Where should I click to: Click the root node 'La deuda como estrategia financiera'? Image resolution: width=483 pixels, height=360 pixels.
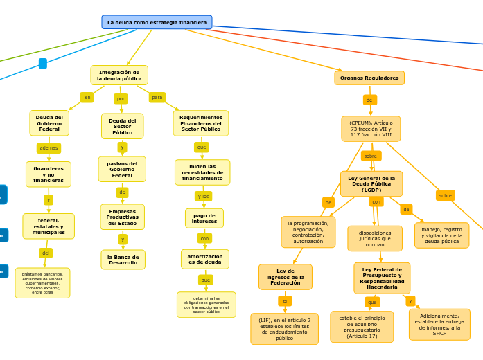pos(157,22)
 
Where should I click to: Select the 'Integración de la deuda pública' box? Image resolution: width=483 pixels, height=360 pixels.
pos(119,75)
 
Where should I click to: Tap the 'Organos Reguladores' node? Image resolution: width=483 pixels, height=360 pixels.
pos(369,78)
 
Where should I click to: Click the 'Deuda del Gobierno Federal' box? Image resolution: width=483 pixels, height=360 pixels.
pos(49,123)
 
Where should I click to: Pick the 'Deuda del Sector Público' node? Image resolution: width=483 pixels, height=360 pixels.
pos(123,126)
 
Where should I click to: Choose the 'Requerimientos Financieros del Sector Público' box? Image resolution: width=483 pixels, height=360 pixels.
pos(201,123)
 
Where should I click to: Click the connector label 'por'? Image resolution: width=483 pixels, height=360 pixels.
pos(121,99)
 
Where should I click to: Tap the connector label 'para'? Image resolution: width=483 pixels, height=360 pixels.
pos(157,98)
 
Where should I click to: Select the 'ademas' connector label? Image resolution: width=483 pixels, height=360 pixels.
pos(49,148)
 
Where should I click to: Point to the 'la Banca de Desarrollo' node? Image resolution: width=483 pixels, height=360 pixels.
pos(123,260)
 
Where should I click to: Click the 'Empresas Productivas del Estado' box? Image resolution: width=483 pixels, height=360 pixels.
pos(123,217)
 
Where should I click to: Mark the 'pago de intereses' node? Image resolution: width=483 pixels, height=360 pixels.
pos(204,218)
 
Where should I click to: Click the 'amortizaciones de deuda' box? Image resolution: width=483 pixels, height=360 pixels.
pos(205,259)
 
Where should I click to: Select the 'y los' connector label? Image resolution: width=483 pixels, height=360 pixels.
pos(204,197)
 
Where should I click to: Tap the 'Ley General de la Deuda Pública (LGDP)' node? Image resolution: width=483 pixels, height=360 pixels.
pos(371,184)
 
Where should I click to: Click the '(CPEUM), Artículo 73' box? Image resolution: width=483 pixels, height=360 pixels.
pos(371,129)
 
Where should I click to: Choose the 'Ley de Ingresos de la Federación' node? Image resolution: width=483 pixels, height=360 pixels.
pos(286,277)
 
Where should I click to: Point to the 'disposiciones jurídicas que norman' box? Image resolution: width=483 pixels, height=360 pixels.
pos(375,239)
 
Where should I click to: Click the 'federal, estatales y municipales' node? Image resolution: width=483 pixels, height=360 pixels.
pos(49,226)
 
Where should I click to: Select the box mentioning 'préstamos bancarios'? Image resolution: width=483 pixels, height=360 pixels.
pos(42,283)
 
